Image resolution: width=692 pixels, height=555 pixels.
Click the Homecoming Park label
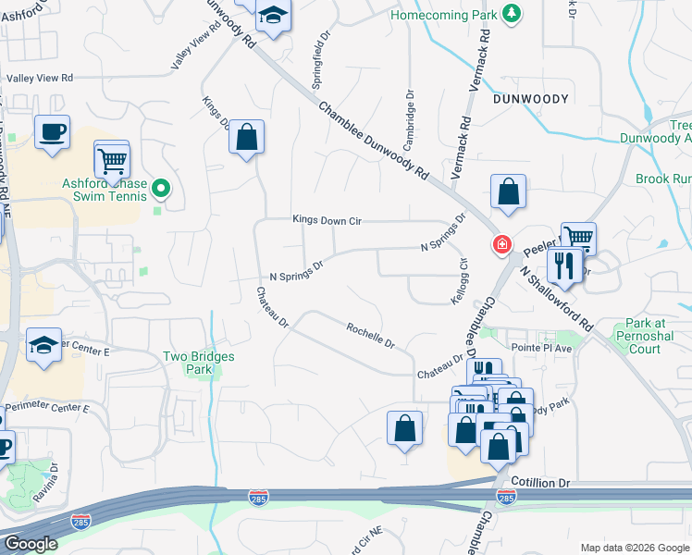pos(443,16)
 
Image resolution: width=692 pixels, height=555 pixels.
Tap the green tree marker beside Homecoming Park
pos(511,14)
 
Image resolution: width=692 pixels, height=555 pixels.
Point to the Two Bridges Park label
pos(199,363)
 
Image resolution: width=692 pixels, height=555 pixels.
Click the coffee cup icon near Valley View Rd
pos(52,131)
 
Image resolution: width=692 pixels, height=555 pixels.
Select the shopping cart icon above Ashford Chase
pos(111,161)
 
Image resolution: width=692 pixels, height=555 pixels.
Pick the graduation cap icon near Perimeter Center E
pos(43,346)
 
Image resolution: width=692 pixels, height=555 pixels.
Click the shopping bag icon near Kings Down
pos(246,139)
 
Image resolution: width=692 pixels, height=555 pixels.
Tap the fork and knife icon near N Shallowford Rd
pos(563,266)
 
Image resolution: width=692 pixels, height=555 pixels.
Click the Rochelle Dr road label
pos(371,335)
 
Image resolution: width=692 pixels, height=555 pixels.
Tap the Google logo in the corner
pos(31,543)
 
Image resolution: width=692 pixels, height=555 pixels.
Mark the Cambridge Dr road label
pos(407,120)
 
